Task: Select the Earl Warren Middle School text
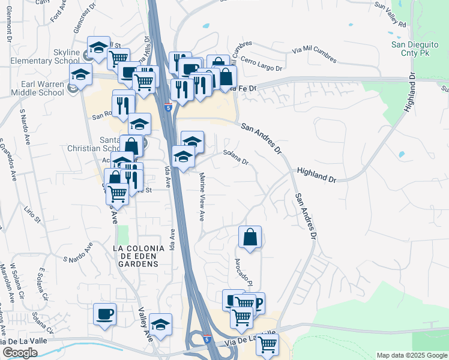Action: click(x=42, y=88)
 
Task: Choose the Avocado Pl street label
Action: click(x=245, y=272)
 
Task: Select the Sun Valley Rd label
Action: click(x=390, y=15)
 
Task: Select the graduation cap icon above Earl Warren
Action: click(x=80, y=76)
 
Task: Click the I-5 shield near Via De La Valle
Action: click(x=206, y=340)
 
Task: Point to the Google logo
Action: click(x=20, y=353)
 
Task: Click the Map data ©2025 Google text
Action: click(x=411, y=355)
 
